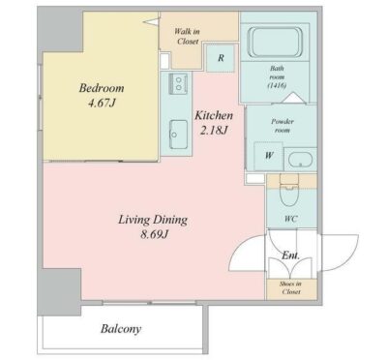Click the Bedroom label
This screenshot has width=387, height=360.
pyautogui.click(x=102, y=88)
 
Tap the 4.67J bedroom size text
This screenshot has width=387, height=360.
pyautogui.click(x=102, y=104)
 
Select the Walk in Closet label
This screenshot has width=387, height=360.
pyautogui.click(x=188, y=36)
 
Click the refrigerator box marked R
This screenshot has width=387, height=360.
pyautogui.click(x=221, y=58)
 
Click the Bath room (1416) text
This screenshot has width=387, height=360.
pyautogui.click(x=277, y=76)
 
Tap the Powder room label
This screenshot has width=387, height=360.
pyautogui.click(x=283, y=126)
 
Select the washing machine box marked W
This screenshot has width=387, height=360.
pyautogui.click(x=269, y=156)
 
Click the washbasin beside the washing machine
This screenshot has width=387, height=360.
pyautogui.click(x=300, y=160)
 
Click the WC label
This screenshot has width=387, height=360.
pyautogui.click(x=290, y=219)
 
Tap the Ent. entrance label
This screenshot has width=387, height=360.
pyautogui.click(x=290, y=255)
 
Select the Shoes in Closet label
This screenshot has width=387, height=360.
pyautogui.click(x=290, y=287)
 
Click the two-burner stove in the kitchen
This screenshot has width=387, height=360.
pyautogui.click(x=178, y=83)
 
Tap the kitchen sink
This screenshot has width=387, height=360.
pyautogui.click(x=178, y=135)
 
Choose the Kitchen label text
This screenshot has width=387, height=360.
pyautogui.click(x=214, y=115)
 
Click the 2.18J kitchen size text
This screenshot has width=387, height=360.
pyautogui.click(x=214, y=131)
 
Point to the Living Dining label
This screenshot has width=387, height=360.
pyautogui.click(x=153, y=221)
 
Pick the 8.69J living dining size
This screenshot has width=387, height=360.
pyautogui.click(x=154, y=235)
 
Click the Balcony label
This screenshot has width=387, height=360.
pyautogui.click(x=121, y=329)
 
